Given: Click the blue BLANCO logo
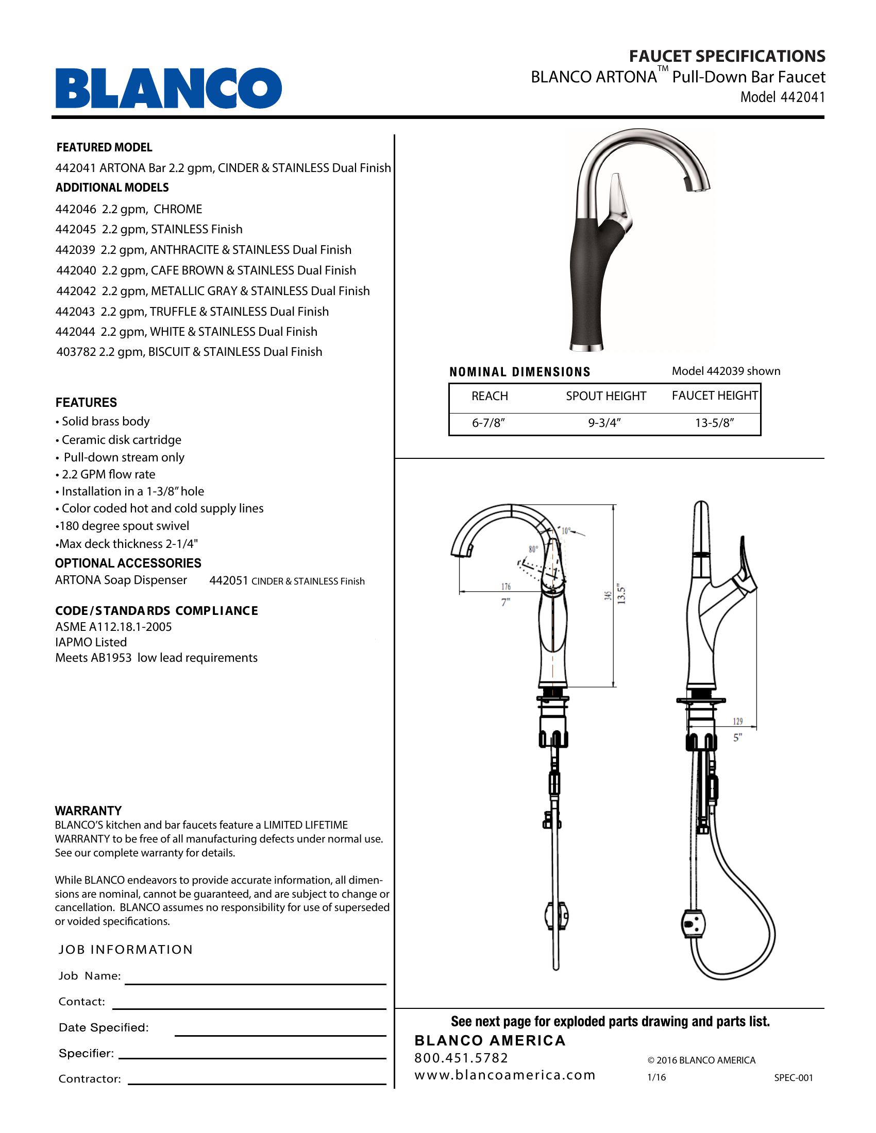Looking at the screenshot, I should point(169,88).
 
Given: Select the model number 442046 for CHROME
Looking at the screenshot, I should point(76,209).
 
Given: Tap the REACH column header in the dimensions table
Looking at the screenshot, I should point(490,397).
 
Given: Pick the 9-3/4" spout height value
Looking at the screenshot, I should point(604,423).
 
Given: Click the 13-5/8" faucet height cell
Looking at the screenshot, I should point(715,423).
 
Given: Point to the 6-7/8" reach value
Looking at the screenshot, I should point(488,423).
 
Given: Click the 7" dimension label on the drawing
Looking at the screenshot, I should point(506,603).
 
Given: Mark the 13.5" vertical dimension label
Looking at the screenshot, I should point(622,595).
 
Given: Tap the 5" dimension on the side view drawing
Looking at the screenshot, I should point(737,737).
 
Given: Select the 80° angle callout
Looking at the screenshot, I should point(533,550).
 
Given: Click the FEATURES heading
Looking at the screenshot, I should point(86,403).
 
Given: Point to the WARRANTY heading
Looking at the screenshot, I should point(88,811).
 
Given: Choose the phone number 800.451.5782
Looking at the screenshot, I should point(461,1058).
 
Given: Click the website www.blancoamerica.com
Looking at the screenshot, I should point(504,1075).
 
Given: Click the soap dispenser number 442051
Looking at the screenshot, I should point(229,581).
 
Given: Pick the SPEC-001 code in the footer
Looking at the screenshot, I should point(794,1077).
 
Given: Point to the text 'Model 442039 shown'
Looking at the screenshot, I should point(726,371).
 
